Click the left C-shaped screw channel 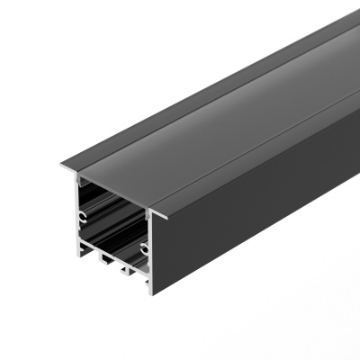tap(82, 217)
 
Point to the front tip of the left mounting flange tap(63, 167)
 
